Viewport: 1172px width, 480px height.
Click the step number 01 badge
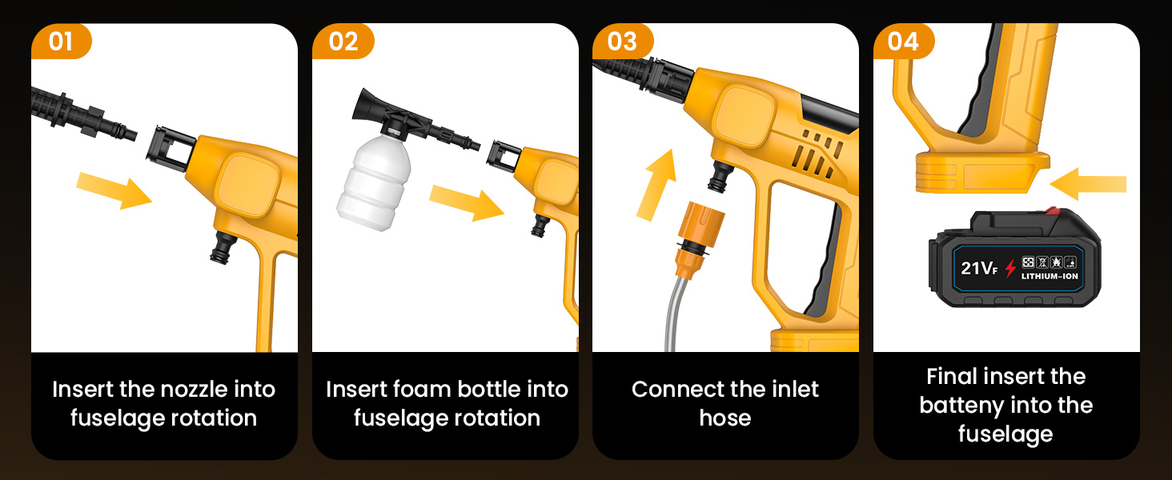pos(61,41)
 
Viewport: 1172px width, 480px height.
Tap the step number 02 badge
pos(343,41)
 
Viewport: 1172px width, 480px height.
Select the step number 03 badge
pos(623,41)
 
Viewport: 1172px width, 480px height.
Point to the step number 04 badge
pos(904,41)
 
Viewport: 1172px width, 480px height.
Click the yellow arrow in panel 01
pos(114,190)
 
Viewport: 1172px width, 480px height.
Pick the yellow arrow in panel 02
pos(467,203)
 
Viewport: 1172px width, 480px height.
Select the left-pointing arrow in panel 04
pos(1087,184)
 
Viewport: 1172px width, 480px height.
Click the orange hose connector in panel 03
pos(699,238)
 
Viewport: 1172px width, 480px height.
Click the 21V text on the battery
pos(979,268)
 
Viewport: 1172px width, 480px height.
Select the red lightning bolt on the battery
pos(1010,268)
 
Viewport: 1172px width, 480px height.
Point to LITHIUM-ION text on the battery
pos(1050,276)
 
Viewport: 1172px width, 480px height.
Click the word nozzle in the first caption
pos(191,390)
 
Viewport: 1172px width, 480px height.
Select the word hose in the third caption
pos(725,418)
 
